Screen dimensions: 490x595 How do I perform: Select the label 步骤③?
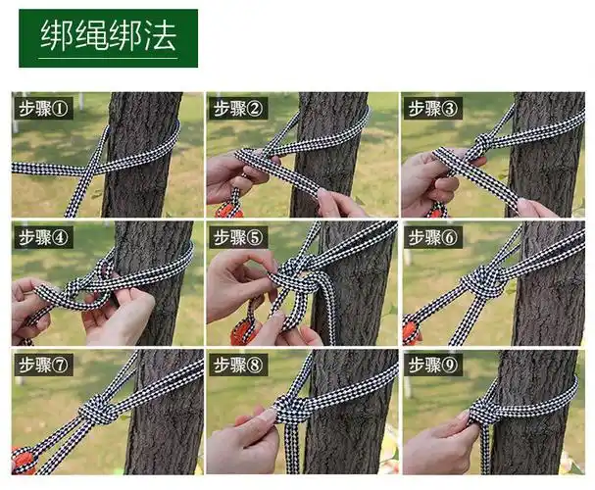tap(432, 108)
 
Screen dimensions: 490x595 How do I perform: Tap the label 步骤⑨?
tap(432, 366)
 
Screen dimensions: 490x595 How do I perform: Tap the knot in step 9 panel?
tap(484, 413)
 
